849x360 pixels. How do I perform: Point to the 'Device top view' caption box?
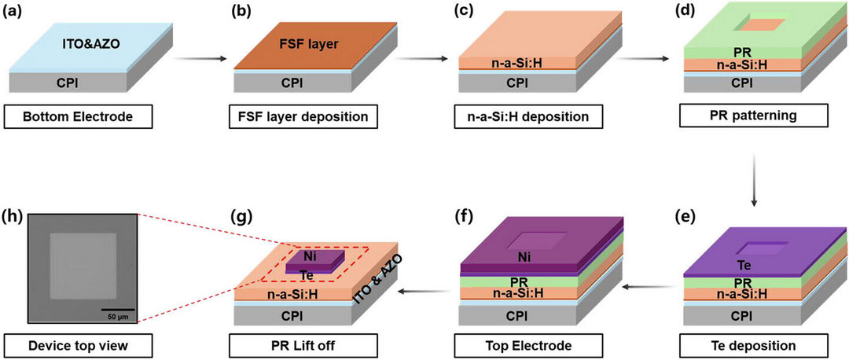coord(77,345)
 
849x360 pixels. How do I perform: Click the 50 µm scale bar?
coord(118,310)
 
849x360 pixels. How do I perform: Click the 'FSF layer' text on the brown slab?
coord(317,44)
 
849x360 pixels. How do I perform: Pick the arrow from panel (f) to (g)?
coord(424,292)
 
